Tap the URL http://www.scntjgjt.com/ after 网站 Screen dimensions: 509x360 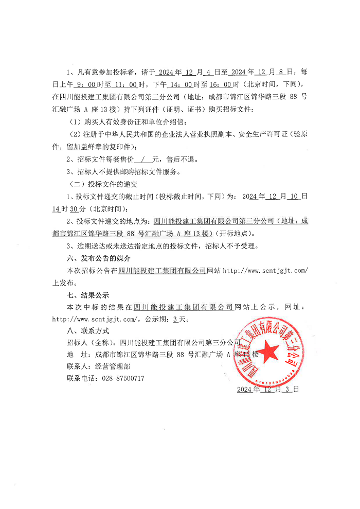click(265, 270)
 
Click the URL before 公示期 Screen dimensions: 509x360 click(96, 319)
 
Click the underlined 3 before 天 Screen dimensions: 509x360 click(175, 319)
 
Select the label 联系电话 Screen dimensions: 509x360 click(80, 378)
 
